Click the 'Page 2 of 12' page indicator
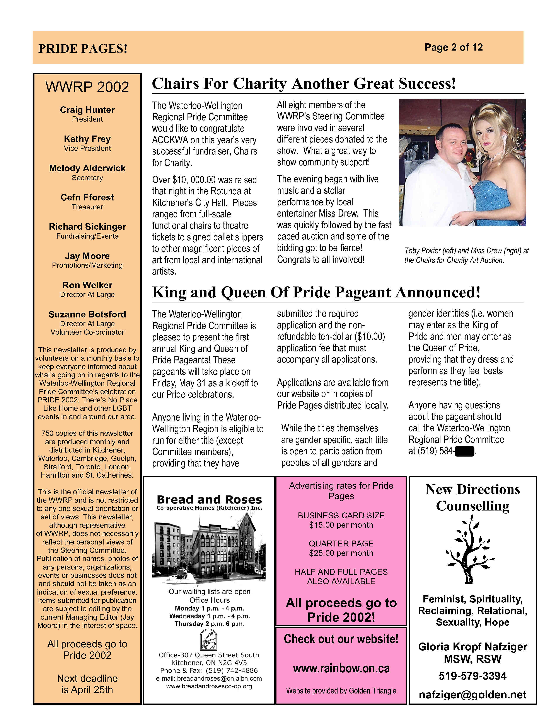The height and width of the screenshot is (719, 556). click(453, 47)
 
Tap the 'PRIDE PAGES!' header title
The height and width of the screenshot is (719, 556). click(83, 49)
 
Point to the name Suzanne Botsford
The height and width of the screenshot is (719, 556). click(87, 314)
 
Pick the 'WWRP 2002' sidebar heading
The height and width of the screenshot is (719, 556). click(87, 87)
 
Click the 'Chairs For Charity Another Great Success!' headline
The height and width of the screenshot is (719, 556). click(304, 84)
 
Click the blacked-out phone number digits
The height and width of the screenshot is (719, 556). click(464, 451)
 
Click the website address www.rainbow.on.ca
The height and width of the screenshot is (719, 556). click(341, 668)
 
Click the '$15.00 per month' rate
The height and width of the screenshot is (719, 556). click(341, 525)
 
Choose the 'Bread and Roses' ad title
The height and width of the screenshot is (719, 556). click(209, 499)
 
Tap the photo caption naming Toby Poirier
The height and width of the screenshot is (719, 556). click(466, 256)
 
